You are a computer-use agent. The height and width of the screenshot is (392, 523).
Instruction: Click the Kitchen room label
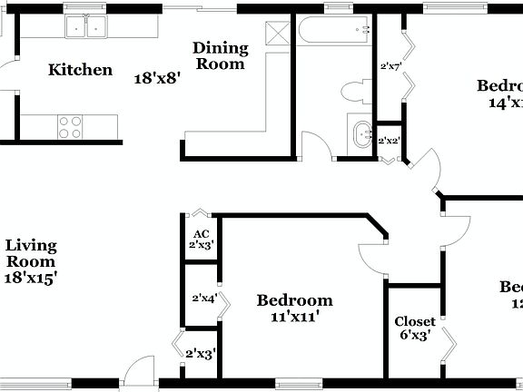point(81,70)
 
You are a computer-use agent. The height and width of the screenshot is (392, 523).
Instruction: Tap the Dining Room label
point(221,55)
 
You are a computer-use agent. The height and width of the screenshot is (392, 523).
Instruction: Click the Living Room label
point(31,253)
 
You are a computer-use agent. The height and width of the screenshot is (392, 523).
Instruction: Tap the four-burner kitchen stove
point(71,125)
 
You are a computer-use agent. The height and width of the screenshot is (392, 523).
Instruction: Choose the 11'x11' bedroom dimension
point(294,318)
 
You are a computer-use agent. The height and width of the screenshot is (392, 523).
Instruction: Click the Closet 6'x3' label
point(414,328)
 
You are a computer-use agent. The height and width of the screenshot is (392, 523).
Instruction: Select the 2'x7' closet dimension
point(390,66)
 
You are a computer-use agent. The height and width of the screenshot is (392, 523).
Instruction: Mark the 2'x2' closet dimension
point(390,141)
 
